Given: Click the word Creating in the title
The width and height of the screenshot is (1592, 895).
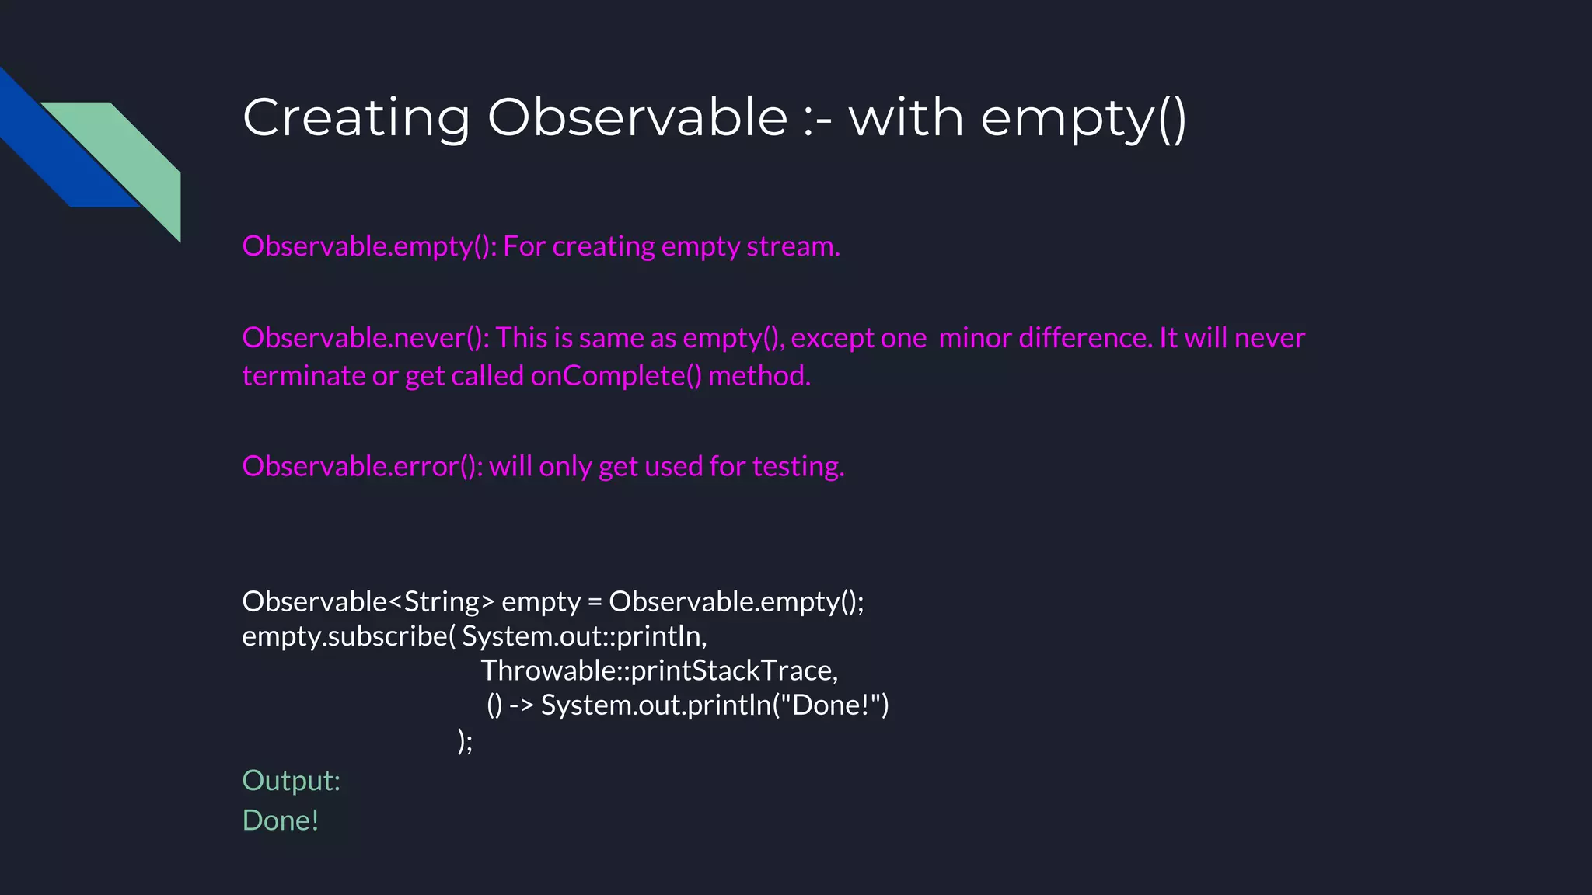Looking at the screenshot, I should (356, 118).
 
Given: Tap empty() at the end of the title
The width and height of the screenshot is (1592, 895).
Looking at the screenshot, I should (1083, 118).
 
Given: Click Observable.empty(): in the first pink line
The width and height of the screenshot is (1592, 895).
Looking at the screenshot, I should (369, 246).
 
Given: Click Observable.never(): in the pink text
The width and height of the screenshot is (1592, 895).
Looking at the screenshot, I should (365, 338).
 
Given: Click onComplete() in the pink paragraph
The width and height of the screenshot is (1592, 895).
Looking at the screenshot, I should (616, 376).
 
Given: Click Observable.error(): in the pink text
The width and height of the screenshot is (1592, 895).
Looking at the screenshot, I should (362, 466).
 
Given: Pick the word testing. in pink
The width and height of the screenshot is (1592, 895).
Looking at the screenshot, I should (798, 466).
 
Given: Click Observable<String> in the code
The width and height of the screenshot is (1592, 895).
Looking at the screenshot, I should (368, 602).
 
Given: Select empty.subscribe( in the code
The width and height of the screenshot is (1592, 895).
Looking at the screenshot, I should (348, 636).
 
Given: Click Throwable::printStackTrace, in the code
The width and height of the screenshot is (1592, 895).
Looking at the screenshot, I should (659, 670).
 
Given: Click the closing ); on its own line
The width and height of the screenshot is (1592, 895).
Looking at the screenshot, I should (465, 740).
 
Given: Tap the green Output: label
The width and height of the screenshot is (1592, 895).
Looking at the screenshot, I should (292, 781).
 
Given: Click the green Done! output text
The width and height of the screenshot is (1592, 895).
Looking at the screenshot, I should (281, 820).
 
